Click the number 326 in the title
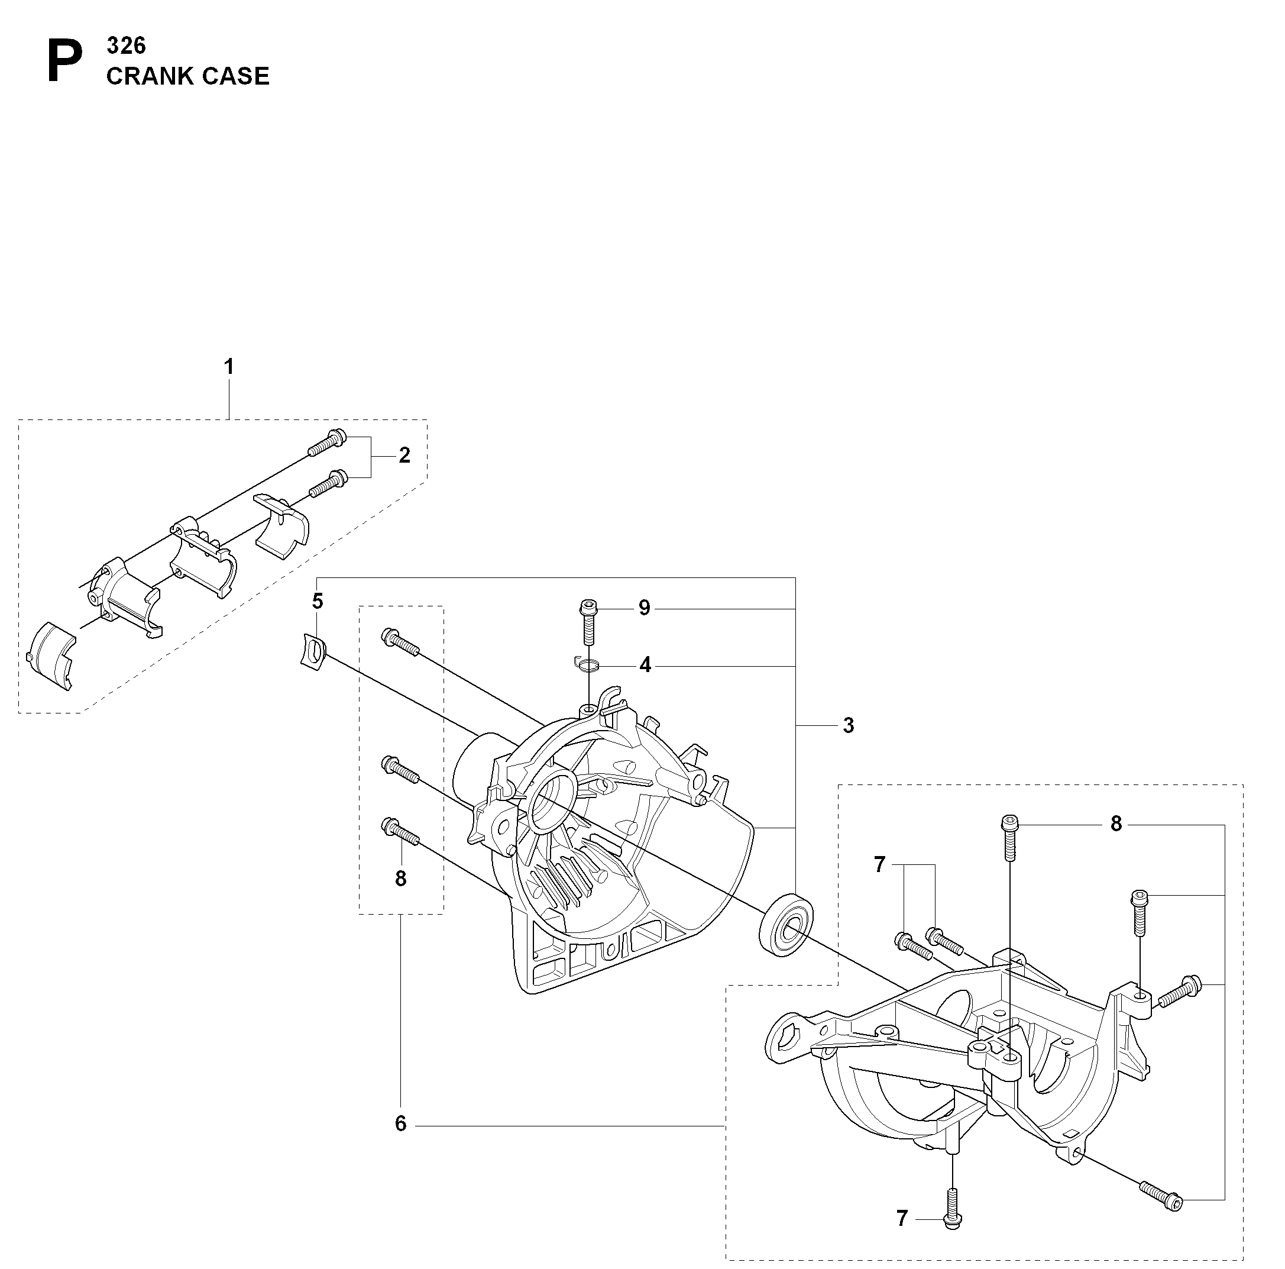126,46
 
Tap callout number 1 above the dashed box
229,367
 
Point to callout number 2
404,455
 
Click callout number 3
848,725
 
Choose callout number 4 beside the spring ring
645,665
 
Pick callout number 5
318,601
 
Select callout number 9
644,608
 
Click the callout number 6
400,1124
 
